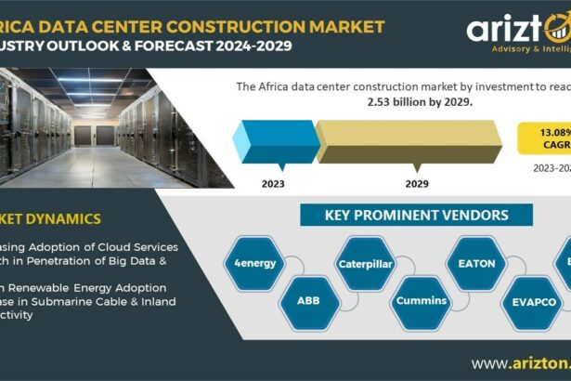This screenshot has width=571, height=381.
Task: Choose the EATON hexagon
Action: [x=477, y=263]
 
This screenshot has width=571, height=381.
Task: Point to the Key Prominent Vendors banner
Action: [x=416, y=216]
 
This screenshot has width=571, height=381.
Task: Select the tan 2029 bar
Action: [x=409, y=139]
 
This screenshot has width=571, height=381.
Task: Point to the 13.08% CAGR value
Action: [x=551, y=130]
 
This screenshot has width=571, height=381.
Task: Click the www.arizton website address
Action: [x=520, y=362]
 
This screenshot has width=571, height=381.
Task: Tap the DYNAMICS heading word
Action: [x=70, y=219]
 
